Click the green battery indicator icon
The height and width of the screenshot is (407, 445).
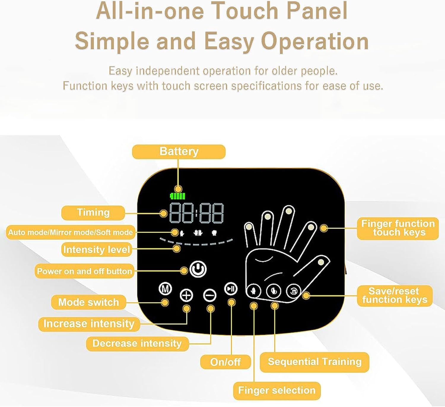177,196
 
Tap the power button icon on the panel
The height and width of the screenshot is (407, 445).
198,269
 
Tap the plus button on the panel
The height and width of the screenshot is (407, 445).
186,295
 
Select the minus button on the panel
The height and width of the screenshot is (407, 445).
210,295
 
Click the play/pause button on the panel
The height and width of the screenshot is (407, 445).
231,288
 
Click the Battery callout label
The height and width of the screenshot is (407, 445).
179,152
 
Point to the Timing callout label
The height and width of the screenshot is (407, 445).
93,213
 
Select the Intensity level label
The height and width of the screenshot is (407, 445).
97,250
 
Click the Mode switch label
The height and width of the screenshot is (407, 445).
88,302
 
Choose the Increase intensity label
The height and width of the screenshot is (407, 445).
89,324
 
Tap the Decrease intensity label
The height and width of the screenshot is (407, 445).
137,343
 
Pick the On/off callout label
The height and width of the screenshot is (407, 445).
225,362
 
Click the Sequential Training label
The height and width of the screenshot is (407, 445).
314,362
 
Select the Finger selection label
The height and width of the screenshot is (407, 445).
276,390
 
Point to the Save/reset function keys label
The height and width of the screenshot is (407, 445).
395,296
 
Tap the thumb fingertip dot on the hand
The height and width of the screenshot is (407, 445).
321,262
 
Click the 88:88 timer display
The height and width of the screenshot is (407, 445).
196,213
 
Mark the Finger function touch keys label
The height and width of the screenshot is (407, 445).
398,228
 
